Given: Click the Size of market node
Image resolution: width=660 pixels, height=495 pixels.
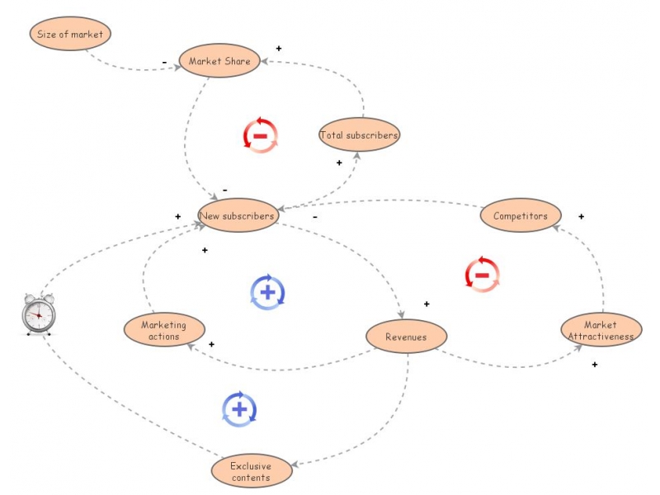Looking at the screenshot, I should click(x=70, y=35).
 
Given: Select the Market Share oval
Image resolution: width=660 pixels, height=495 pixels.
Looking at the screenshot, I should click(x=220, y=60).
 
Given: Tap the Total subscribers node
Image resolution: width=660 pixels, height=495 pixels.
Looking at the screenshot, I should click(x=359, y=134).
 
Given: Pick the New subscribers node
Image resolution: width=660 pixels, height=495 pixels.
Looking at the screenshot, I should click(x=238, y=216).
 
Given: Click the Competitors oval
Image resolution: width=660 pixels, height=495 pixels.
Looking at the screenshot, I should click(x=521, y=216).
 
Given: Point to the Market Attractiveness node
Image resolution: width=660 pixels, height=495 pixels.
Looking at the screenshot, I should click(x=601, y=330).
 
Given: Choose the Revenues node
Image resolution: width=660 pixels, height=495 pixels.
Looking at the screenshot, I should click(x=406, y=337).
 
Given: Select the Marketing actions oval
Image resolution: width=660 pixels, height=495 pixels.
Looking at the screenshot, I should click(x=163, y=330).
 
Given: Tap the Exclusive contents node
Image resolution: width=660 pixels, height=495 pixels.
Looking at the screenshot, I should click(x=251, y=472).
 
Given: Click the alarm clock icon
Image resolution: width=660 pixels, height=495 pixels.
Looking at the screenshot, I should click(x=38, y=314).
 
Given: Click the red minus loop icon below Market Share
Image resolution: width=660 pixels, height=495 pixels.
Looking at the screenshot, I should click(x=261, y=134).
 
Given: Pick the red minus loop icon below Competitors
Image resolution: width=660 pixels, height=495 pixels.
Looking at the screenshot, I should click(x=483, y=274).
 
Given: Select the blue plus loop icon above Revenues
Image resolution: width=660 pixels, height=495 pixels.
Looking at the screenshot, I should click(x=267, y=291).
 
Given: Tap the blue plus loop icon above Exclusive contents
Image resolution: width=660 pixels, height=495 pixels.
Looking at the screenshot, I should click(x=239, y=408).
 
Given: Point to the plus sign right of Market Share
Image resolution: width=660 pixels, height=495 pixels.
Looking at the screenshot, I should click(x=279, y=49).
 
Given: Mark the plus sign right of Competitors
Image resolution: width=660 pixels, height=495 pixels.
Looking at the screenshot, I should click(x=581, y=217).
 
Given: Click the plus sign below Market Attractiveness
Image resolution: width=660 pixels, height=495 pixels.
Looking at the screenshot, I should click(x=594, y=364).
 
